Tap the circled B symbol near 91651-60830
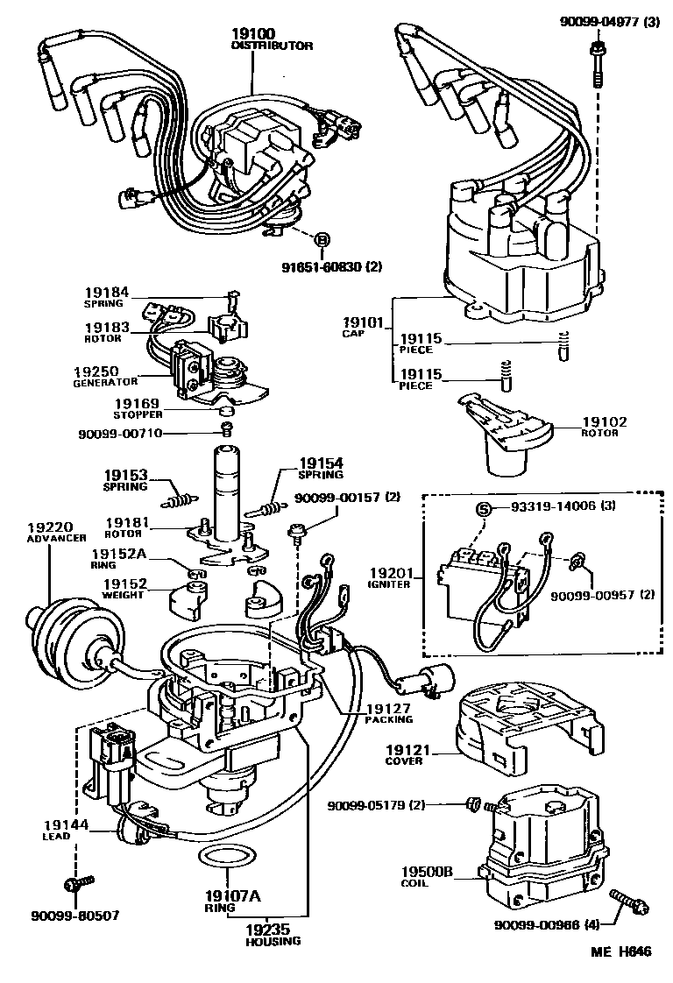coord(321,240)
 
